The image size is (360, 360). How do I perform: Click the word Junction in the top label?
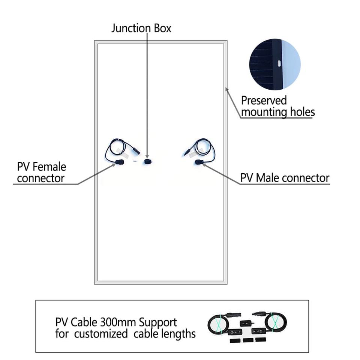point(132,28)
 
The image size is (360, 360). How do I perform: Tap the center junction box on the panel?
point(147,161)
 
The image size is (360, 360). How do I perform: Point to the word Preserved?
point(264,100)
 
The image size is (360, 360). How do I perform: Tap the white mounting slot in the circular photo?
point(279,63)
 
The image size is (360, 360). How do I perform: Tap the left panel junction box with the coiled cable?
point(120,162)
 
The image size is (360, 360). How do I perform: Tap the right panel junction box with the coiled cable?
point(199,162)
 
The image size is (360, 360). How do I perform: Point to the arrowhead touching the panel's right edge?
point(226,89)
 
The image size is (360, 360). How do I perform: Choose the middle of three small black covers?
point(246,340)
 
